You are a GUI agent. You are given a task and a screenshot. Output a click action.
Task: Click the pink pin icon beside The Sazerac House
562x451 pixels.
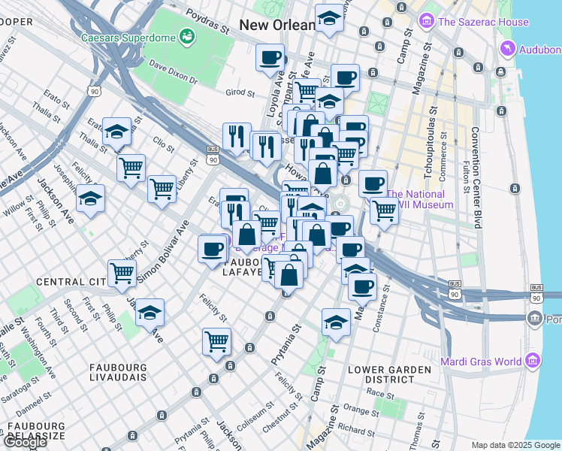point(428,19)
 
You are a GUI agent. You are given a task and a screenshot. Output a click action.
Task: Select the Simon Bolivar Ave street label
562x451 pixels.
point(162,253)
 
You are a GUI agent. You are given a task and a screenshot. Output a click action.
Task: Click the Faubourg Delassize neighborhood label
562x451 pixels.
point(36,431)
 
